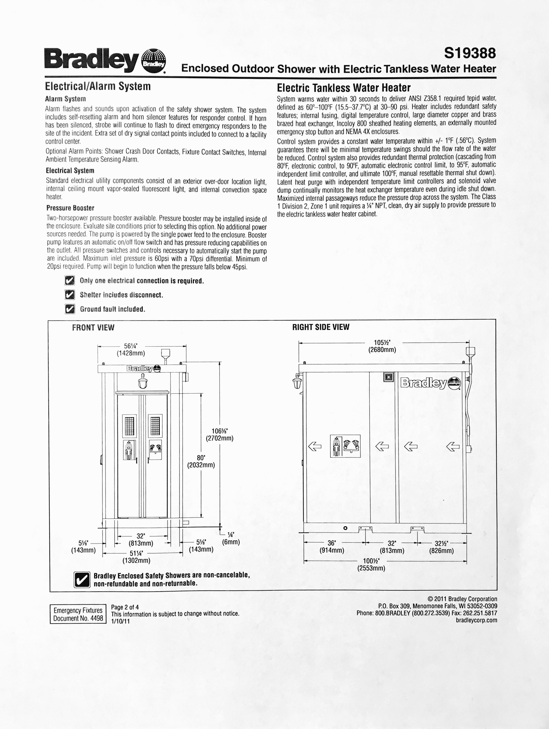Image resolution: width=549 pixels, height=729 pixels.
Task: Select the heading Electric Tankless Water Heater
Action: pos(343,88)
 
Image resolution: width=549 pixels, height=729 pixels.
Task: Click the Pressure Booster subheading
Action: pos(70,208)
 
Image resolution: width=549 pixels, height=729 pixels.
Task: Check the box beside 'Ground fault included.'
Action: pos(69,309)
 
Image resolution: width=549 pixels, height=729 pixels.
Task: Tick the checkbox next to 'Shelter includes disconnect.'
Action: pos(69,294)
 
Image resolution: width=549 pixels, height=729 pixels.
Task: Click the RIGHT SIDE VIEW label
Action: pos(321,327)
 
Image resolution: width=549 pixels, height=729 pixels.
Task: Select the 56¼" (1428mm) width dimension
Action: pos(131,349)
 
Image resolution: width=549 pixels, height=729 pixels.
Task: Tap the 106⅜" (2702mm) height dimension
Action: pos(219,434)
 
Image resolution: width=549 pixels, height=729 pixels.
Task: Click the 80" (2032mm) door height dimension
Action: pos(201,461)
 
